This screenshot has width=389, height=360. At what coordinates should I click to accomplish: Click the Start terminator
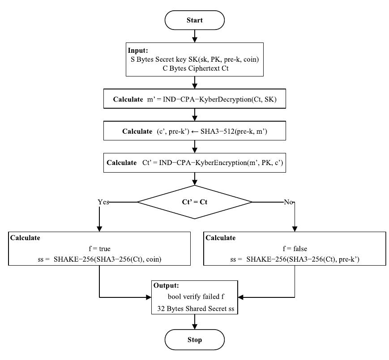(194, 20)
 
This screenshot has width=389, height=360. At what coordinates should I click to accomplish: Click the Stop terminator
(194, 340)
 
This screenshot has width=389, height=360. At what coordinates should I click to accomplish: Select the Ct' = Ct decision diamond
(194, 202)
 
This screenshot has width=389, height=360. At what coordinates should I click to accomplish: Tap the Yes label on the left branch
(103, 202)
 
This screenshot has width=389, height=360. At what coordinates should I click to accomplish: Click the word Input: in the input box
(138, 51)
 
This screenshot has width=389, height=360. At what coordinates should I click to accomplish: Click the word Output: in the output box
(167, 285)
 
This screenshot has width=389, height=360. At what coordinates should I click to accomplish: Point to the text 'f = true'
(100, 249)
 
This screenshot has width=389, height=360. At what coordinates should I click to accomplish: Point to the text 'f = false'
(294, 249)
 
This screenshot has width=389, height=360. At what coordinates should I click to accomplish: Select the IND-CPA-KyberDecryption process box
(194, 99)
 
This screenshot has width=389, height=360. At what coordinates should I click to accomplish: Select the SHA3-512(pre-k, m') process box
(194, 131)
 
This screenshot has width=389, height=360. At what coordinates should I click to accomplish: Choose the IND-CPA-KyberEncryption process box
(194, 163)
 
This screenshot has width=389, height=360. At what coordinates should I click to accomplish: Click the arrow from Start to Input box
(194, 35)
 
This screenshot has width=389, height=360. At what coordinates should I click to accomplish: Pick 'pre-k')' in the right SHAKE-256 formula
(349, 259)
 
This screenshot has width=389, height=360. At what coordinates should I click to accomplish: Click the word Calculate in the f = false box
(220, 238)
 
